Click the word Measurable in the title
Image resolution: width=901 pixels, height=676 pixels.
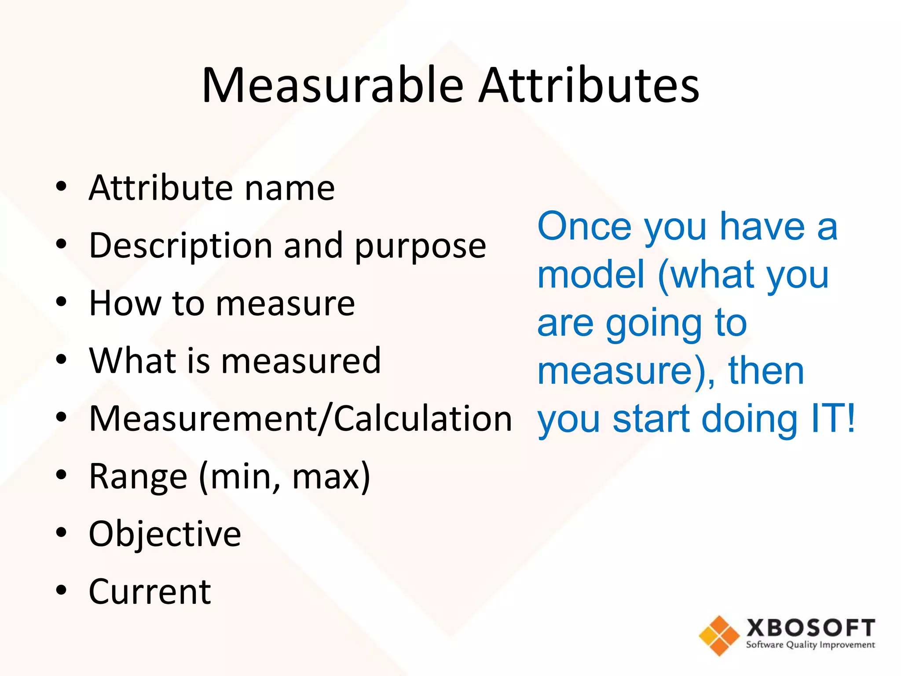point(333,86)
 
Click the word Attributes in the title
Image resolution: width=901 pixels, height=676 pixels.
point(589,86)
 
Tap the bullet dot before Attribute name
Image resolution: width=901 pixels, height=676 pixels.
point(61,187)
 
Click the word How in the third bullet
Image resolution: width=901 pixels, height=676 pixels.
point(125,303)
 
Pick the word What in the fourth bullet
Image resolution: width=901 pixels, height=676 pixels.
point(132,360)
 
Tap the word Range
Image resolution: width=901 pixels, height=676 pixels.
point(138,477)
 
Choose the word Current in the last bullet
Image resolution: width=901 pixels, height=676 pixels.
point(150,591)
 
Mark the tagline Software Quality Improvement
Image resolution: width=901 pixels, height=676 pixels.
point(810,645)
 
